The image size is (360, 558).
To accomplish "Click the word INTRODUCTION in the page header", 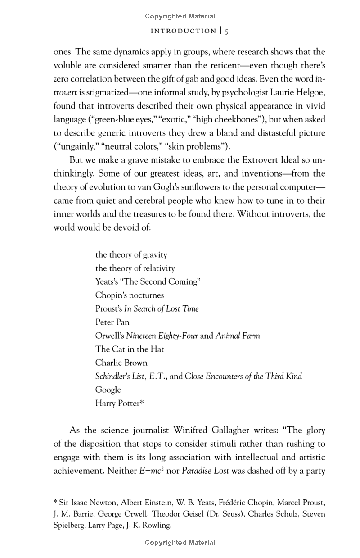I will (183, 31).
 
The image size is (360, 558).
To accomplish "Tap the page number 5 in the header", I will (227, 31).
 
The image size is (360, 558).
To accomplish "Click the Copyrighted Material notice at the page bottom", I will (180, 543).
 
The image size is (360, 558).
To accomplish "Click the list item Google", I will (108, 390).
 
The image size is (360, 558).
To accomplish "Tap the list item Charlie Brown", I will (121, 363).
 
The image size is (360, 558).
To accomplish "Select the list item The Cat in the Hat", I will (130, 349).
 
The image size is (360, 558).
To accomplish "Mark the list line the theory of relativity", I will (135, 268).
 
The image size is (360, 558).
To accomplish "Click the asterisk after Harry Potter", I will (142, 402).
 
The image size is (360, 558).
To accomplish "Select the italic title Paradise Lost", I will (206, 471).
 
